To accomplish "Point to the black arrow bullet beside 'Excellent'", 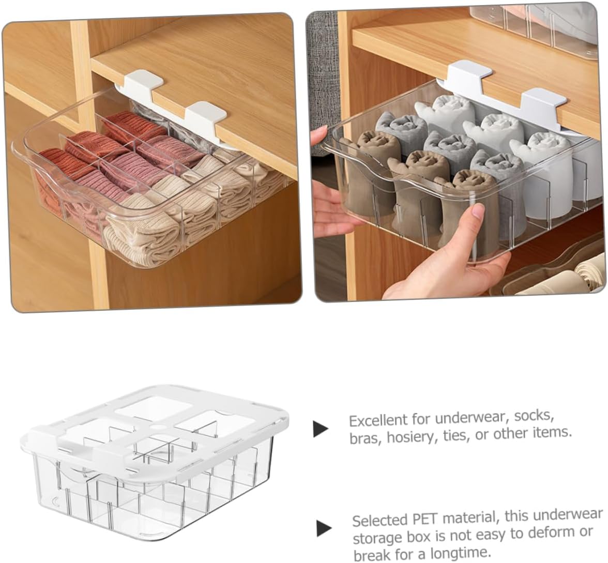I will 321,429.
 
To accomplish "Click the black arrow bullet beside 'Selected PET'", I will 324,528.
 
